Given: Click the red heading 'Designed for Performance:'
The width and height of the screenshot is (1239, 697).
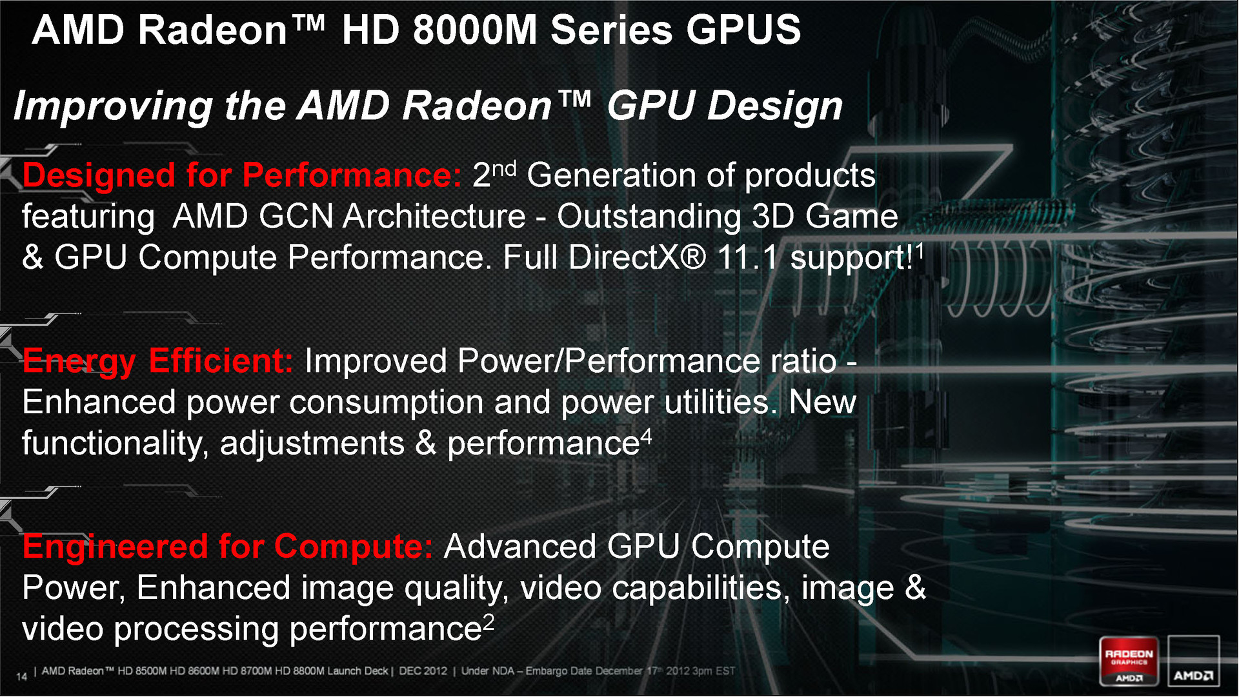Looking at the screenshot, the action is (x=242, y=175).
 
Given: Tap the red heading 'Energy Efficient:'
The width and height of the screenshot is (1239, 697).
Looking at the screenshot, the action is (x=158, y=361).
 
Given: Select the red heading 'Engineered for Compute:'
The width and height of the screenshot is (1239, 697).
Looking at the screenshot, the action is (x=228, y=547).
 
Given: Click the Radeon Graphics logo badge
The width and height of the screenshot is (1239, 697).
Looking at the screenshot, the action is (x=1129, y=662).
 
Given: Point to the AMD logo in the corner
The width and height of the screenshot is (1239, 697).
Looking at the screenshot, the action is (x=1193, y=662).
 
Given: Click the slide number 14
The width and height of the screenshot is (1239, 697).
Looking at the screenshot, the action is (x=21, y=676).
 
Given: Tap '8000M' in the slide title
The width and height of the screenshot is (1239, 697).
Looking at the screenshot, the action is (x=475, y=30).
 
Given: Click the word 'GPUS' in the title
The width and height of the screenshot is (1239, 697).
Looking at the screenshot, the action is (x=743, y=30).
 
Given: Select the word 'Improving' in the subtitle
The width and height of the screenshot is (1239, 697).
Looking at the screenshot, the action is (x=114, y=106).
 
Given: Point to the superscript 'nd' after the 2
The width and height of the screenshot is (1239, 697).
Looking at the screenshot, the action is (x=504, y=169).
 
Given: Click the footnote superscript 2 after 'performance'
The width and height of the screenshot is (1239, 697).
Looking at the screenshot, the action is (x=489, y=623).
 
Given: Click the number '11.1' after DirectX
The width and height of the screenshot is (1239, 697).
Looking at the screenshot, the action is (x=748, y=257).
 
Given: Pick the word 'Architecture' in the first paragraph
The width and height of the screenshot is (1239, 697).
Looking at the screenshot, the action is (x=434, y=216).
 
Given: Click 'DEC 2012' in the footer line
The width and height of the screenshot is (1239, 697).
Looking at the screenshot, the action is (x=423, y=671).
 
